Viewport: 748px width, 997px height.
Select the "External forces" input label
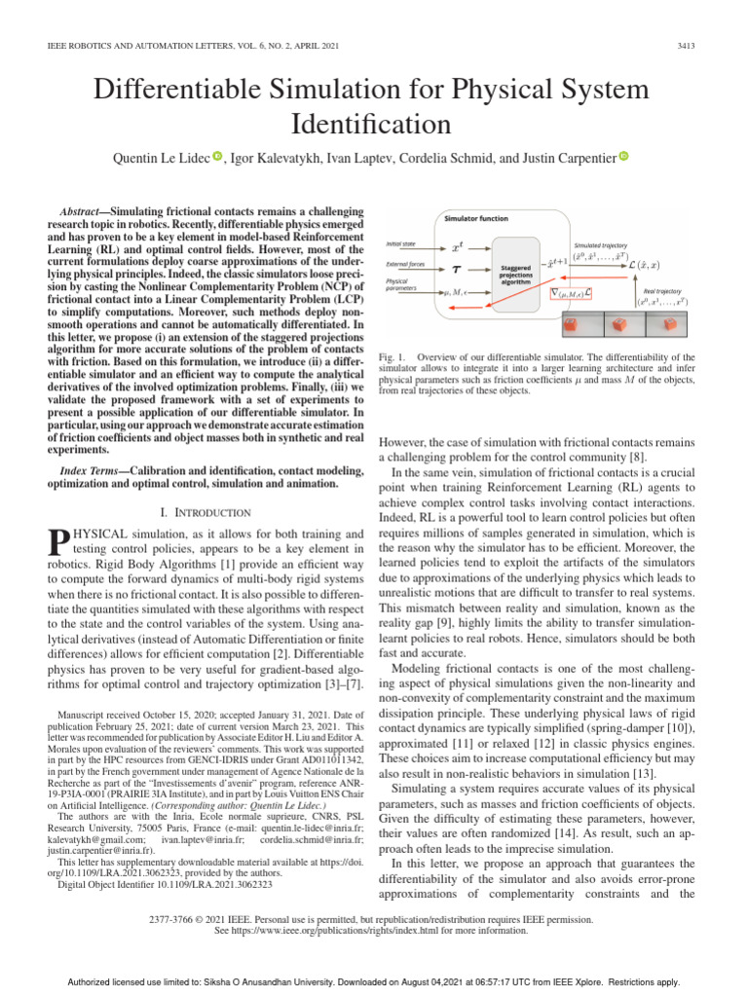tap(405, 264)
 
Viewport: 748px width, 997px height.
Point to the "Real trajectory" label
tap(662, 289)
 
